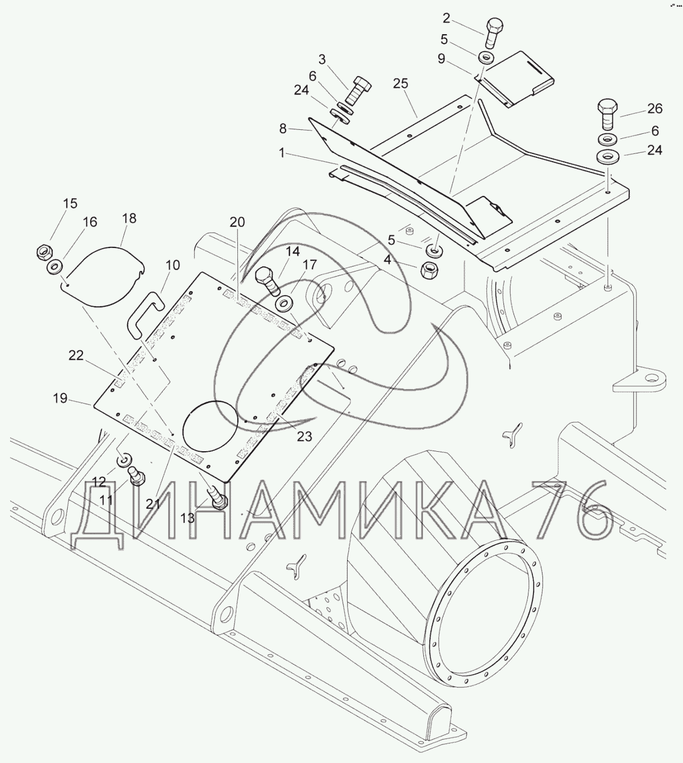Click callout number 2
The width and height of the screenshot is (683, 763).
446,18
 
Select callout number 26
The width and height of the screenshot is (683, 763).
655,109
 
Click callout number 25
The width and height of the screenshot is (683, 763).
400,83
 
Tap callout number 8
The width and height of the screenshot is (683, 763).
283,129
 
